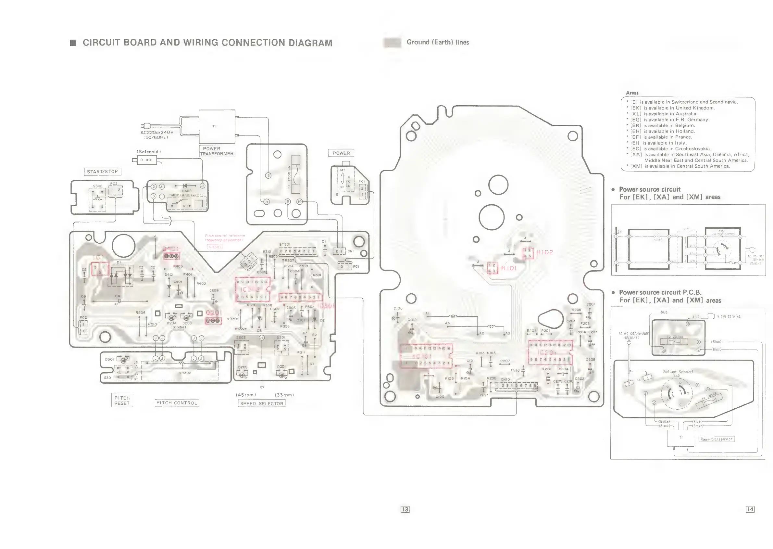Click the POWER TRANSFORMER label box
tap(216, 151)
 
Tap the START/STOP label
tap(102, 172)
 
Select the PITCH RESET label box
tap(122, 400)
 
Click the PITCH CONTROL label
tap(177, 402)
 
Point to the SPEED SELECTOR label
tap(261, 403)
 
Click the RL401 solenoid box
tap(147, 160)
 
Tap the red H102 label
tap(545, 252)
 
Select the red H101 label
tap(509, 268)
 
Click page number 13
tap(405, 509)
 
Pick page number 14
tap(750, 509)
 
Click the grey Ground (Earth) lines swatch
tap(392, 43)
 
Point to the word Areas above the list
tap(632, 93)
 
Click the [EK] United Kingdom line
tap(672, 108)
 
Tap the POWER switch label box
tap(341, 153)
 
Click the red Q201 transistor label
tap(214, 313)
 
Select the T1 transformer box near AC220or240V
tap(217, 126)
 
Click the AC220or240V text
tap(157, 133)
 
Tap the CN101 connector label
tap(506, 379)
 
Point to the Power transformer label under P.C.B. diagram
tap(716, 439)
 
